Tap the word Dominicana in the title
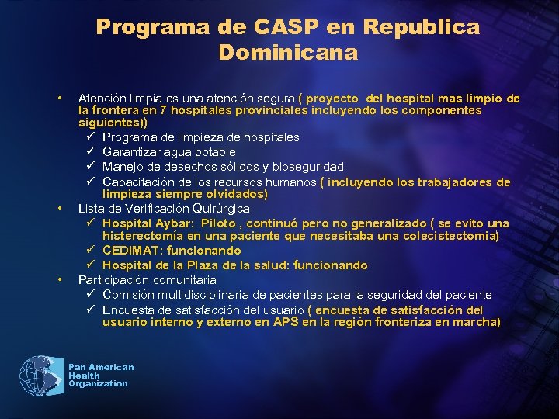coord(288,53)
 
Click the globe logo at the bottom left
coord(41,376)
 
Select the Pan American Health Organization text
coord(100,376)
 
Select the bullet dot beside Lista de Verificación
coord(60,209)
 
